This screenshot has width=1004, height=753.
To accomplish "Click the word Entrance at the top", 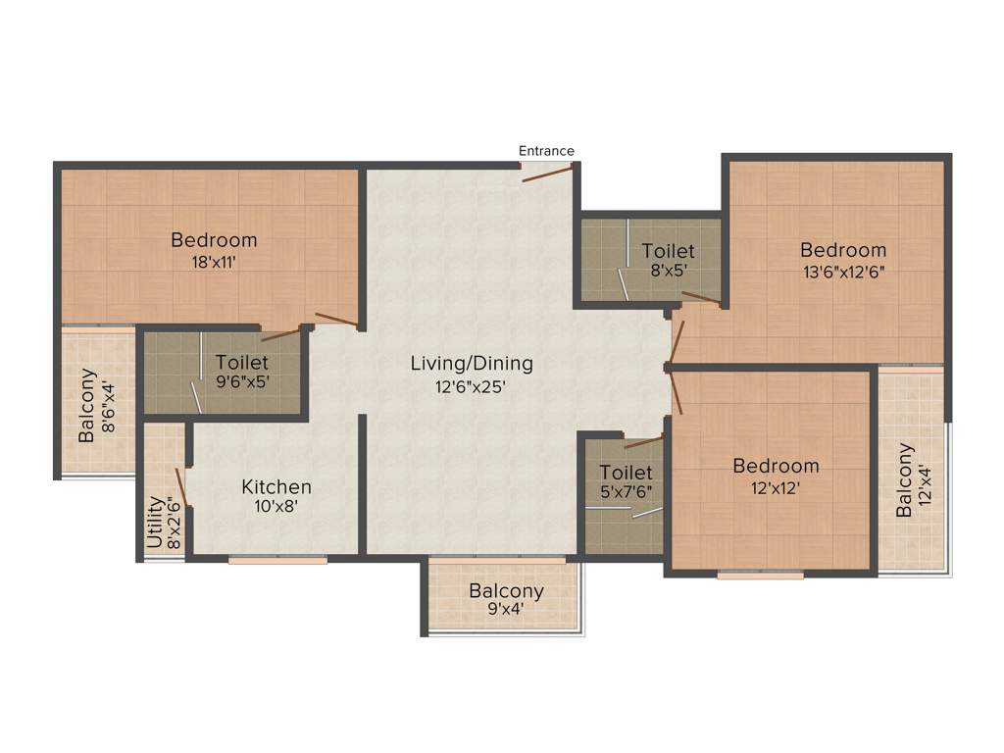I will click(x=546, y=151).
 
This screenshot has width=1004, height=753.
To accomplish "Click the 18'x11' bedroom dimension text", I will click(x=214, y=262).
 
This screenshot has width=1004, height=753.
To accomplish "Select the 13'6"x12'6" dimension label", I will click(x=842, y=273).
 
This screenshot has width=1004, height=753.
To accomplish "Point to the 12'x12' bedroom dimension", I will click(x=776, y=487).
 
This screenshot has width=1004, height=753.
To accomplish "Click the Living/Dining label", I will click(x=472, y=364).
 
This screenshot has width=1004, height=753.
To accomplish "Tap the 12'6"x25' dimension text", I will click(x=472, y=386).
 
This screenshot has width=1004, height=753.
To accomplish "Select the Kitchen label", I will click(x=276, y=486).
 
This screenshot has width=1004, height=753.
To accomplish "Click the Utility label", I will click(x=155, y=522).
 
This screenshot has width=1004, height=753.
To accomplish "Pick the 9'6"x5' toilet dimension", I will click(x=242, y=383).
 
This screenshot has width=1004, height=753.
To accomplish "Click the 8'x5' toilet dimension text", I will click(x=669, y=274).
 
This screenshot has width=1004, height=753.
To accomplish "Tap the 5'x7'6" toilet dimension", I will click(x=626, y=494).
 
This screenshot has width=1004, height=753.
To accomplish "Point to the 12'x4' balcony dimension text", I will click(x=927, y=480).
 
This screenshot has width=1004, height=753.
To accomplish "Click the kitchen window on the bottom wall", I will click(x=278, y=561).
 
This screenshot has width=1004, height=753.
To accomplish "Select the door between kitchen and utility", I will click(x=181, y=487).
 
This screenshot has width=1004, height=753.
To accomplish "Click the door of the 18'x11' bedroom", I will click(x=335, y=320).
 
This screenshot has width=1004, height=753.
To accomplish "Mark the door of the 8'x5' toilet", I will click(x=702, y=299).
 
